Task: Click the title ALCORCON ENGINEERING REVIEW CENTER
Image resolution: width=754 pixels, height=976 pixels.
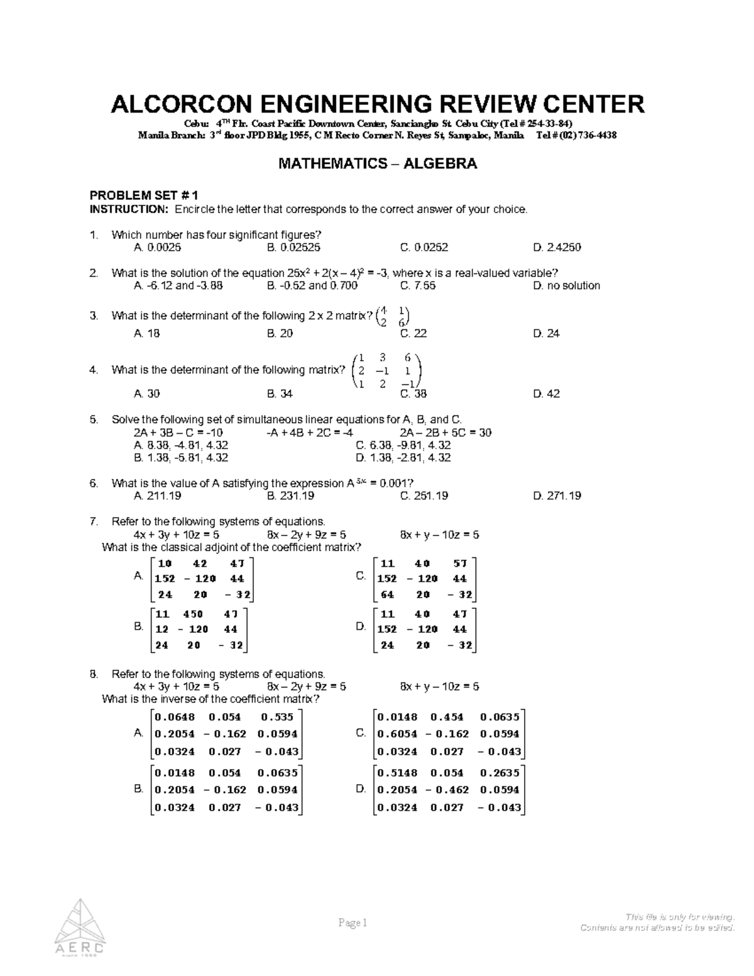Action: click(377, 104)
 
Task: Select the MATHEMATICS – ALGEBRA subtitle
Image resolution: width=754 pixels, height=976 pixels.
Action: click(377, 164)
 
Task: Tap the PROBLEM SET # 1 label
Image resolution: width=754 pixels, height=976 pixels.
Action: click(144, 195)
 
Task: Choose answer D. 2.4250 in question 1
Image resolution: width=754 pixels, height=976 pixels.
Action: click(557, 248)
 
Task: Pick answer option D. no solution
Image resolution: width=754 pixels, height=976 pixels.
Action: click(566, 286)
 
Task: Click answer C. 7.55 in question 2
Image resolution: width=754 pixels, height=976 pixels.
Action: click(417, 286)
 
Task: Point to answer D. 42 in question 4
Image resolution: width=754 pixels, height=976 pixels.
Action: click(546, 394)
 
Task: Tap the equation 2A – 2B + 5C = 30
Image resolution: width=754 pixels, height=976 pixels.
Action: click(445, 433)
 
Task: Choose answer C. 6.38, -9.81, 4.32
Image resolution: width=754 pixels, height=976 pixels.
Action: click(403, 446)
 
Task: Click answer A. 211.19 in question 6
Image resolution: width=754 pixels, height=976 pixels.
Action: click(157, 496)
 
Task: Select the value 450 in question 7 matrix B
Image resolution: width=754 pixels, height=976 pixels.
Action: click(193, 614)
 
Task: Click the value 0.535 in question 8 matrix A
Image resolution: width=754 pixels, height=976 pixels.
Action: click(276, 717)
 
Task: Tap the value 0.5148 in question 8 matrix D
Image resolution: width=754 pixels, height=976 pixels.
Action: click(396, 773)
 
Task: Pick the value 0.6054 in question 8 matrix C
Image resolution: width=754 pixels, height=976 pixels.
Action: click(396, 734)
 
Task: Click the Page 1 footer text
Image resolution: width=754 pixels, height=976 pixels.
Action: click(352, 923)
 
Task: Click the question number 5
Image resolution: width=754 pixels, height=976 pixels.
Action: click(94, 420)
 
